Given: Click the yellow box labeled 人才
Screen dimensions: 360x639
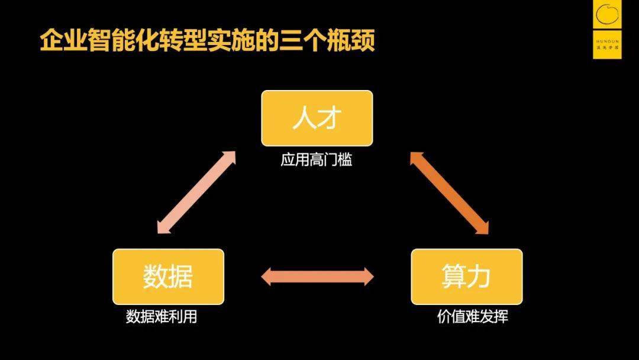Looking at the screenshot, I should (317, 118).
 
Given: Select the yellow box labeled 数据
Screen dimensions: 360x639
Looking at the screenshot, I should (168, 277).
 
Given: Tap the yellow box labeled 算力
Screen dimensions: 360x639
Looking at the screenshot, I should (466, 277).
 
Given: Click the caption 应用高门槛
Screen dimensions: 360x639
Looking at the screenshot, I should (316, 160).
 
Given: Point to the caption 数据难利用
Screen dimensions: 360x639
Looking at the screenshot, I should (161, 317).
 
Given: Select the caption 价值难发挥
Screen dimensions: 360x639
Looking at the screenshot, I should (472, 317).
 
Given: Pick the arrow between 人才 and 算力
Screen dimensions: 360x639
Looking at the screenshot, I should (449, 192).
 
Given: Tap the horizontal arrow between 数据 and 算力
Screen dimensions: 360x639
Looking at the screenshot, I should (318, 277).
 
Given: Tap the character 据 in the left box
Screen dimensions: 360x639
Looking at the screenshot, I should (181, 277).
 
